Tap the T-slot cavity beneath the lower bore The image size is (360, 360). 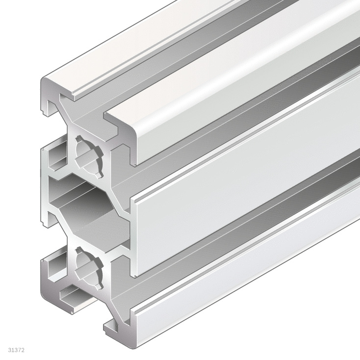[74, 297]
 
